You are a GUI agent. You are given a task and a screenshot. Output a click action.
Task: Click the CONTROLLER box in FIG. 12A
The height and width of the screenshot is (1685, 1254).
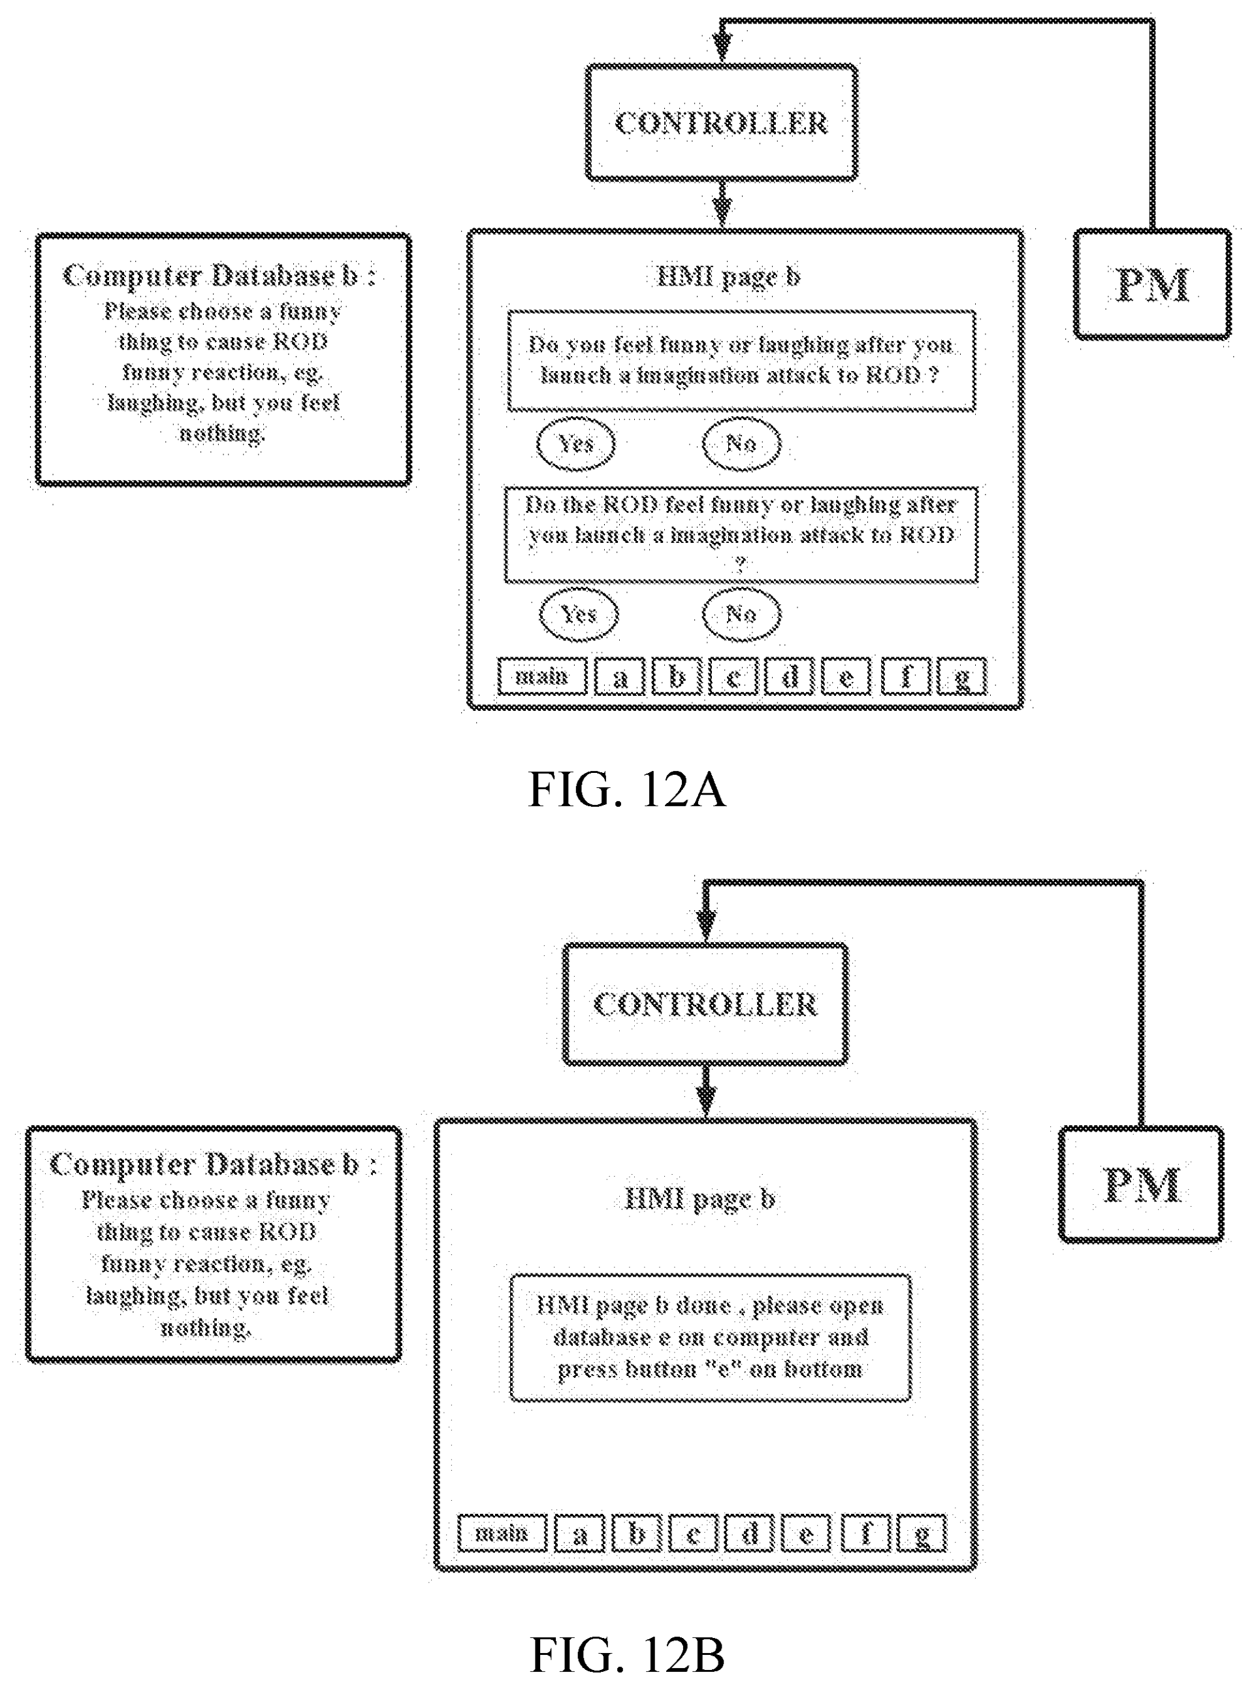[x=721, y=123]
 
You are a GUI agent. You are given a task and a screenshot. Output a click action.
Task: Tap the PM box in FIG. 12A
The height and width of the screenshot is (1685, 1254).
[x=1152, y=284]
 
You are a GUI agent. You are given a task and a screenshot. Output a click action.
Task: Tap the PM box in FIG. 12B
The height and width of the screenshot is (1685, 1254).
[x=1141, y=1184]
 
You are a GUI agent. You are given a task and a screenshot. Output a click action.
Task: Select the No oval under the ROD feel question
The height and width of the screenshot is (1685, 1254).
[x=741, y=613]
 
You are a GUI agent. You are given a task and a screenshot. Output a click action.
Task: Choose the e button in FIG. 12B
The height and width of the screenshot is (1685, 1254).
[x=806, y=1535]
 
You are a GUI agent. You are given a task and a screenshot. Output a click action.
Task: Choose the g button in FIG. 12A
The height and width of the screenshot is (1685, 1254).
[x=962, y=677]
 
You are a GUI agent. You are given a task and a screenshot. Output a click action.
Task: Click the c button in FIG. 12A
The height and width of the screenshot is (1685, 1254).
[x=733, y=677]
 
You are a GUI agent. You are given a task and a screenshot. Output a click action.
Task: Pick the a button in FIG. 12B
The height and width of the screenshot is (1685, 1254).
[x=579, y=1535]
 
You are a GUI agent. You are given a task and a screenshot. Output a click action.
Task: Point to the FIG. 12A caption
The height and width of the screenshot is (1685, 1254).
[x=626, y=790]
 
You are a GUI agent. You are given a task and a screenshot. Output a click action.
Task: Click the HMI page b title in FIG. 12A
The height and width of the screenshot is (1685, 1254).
[x=728, y=276]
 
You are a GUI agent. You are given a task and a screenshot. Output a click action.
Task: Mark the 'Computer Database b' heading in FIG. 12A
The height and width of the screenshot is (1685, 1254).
[x=219, y=276]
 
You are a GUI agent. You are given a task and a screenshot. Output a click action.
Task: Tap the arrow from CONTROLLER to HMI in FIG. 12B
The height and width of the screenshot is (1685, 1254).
[x=707, y=1091]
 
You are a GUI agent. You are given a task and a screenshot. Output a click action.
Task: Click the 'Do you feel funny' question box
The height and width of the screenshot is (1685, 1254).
[x=741, y=361]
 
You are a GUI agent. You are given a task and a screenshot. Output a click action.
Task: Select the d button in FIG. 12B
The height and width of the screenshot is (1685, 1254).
[x=749, y=1535]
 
